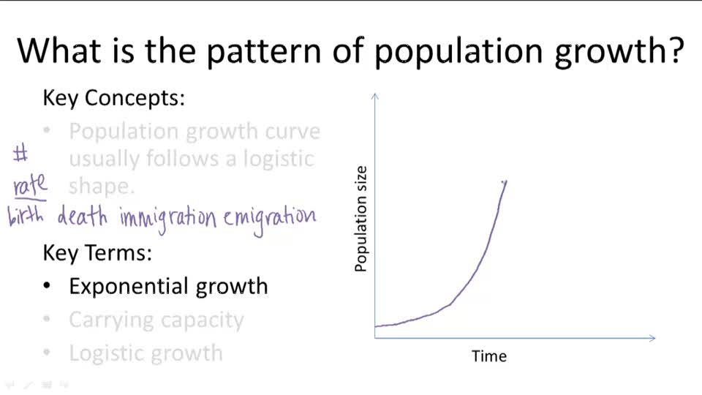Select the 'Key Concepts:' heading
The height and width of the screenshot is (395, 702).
coord(113,98)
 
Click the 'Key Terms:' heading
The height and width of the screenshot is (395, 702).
coord(97,253)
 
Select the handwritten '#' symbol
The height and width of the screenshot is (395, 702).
coord(20,154)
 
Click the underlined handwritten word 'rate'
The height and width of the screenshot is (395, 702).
coord(30,185)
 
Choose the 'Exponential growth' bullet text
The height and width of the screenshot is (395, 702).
coord(168,286)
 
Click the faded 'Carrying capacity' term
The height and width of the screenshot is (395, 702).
coord(156,320)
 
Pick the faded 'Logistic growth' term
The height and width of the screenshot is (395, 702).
coord(146,353)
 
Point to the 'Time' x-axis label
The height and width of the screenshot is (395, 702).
coord(489,356)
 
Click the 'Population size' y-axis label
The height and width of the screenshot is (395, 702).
coord(361,219)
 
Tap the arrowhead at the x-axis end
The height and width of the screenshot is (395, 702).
coord(652,337)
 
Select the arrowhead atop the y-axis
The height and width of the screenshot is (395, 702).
coord(375,96)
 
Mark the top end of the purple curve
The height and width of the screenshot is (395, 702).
coord(505,181)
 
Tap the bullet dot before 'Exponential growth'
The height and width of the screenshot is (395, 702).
coord(48,287)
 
